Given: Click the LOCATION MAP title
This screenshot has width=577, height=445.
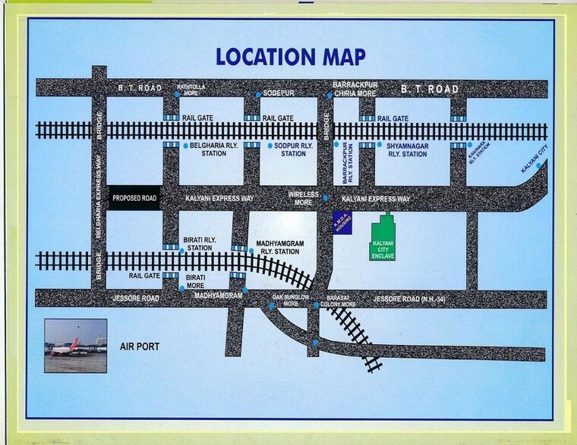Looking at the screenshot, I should pos(291,57).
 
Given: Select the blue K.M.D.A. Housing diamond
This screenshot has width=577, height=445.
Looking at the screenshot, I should pos(342,223).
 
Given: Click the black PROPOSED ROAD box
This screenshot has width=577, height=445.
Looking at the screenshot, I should pos(134,198).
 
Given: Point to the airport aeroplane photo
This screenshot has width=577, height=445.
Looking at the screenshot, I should pos(75,345).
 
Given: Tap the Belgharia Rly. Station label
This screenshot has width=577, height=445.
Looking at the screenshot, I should pos(208,149).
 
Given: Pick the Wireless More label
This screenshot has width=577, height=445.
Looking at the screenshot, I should pos(303,199).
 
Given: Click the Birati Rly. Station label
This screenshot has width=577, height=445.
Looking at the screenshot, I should pos(200,244).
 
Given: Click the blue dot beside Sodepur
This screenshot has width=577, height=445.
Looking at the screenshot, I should pos(258,94).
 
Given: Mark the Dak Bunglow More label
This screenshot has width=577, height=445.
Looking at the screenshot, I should pos(292,300).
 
